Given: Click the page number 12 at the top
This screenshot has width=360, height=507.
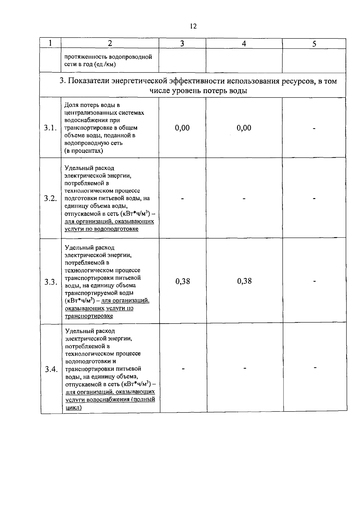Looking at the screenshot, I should (x=193, y=26).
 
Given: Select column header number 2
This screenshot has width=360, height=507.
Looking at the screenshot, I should (x=110, y=43).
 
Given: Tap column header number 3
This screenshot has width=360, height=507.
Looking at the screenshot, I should (x=182, y=44).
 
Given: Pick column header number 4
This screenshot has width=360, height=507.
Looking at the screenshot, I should (x=244, y=44).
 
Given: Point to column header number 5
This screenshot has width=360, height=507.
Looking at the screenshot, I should (x=314, y=44).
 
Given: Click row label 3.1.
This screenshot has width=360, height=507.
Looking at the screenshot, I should (x=50, y=128).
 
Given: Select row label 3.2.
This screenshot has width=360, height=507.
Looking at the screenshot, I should (x=50, y=198).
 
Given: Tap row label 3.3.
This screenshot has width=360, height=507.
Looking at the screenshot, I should (x=51, y=282).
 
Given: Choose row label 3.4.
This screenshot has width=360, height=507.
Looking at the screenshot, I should (x=51, y=369).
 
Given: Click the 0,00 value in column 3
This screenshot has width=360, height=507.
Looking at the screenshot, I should (x=182, y=128).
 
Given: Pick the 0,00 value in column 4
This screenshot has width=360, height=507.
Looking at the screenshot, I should (x=244, y=128).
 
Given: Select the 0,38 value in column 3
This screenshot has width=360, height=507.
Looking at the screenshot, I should (x=183, y=281).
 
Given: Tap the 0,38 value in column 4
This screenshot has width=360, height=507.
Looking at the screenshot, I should (x=244, y=281).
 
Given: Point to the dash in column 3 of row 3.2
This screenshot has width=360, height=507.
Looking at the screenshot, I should (x=182, y=198).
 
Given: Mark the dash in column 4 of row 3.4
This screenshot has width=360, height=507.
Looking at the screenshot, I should (x=245, y=368).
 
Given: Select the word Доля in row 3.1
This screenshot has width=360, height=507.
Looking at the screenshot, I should (x=71, y=105).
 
